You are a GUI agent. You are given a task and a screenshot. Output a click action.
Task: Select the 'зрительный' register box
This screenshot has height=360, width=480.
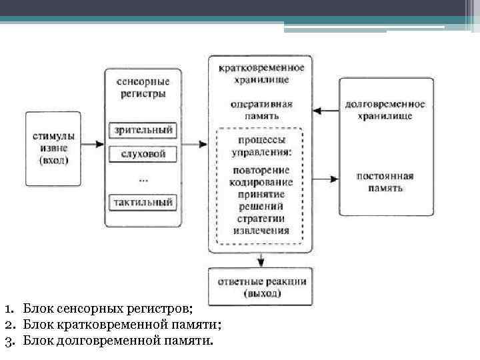coord(143,129)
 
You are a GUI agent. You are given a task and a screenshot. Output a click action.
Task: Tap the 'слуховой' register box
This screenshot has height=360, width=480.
coord(143,155)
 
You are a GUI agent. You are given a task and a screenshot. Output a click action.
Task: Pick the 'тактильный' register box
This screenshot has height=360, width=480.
coord(143,201)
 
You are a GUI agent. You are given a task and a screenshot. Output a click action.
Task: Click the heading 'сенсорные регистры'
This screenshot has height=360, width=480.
coord(143,87)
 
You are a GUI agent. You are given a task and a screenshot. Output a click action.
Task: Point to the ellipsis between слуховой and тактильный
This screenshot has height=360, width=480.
coord(143,179)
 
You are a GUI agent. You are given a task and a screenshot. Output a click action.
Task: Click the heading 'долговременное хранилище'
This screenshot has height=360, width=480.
coord(385,110)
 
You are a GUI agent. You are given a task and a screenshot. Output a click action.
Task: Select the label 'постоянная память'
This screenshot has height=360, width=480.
coord(385,182)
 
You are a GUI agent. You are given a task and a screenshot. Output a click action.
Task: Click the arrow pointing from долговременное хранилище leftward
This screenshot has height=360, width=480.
coord(325,110)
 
